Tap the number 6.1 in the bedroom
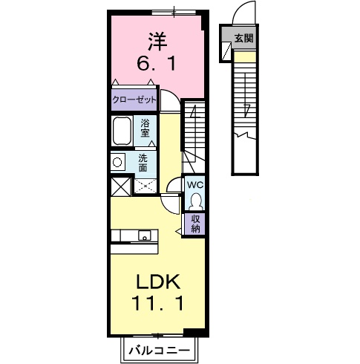(x=156, y=64)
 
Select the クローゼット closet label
(x=134, y=99)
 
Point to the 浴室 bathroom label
(x=145, y=128)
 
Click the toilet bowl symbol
(x=194, y=201)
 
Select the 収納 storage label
(x=195, y=224)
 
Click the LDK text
(x=157, y=282)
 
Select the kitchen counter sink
(x=145, y=236)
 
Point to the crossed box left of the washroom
(x=120, y=186)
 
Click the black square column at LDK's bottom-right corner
(x=193, y=332)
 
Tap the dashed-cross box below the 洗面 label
(x=145, y=186)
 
